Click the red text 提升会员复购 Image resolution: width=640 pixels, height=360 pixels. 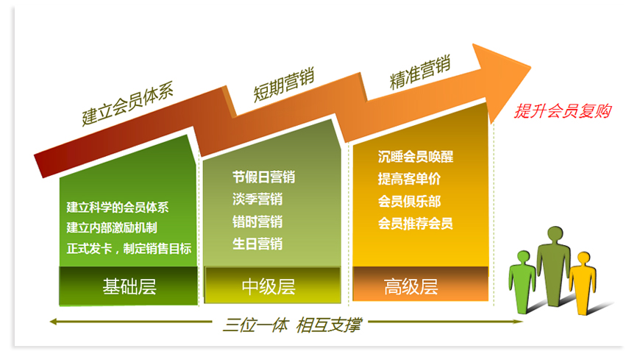(x=563, y=110)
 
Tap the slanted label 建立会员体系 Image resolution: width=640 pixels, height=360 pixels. (x=128, y=103)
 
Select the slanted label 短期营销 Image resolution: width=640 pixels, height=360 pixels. (x=284, y=85)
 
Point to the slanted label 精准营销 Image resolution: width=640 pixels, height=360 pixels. (x=420, y=71)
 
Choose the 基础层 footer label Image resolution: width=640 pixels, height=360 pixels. (x=129, y=286)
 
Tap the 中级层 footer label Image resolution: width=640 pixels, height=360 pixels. (x=269, y=286)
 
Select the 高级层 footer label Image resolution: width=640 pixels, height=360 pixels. (x=411, y=286)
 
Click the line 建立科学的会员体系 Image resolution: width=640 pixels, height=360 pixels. (x=118, y=207)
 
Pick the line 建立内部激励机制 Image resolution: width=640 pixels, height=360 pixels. (x=112, y=227)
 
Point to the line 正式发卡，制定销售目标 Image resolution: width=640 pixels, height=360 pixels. (x=129, y=248)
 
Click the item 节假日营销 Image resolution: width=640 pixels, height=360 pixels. (x=263, y=177)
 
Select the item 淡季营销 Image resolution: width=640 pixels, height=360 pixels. (x=257, y=199)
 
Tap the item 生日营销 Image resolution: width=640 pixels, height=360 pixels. (x=257, y=244)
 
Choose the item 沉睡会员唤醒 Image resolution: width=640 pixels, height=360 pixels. (x=416, y=157)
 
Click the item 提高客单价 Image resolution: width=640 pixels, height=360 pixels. (x=410, y=179)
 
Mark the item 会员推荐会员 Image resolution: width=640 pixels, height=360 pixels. (x=416, y=223)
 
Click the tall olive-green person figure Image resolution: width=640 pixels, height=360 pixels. (x=553, y=266)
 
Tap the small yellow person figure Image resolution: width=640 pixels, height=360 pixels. (x=583, y=283)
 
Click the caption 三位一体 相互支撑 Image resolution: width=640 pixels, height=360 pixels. (x=292, y=325)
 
